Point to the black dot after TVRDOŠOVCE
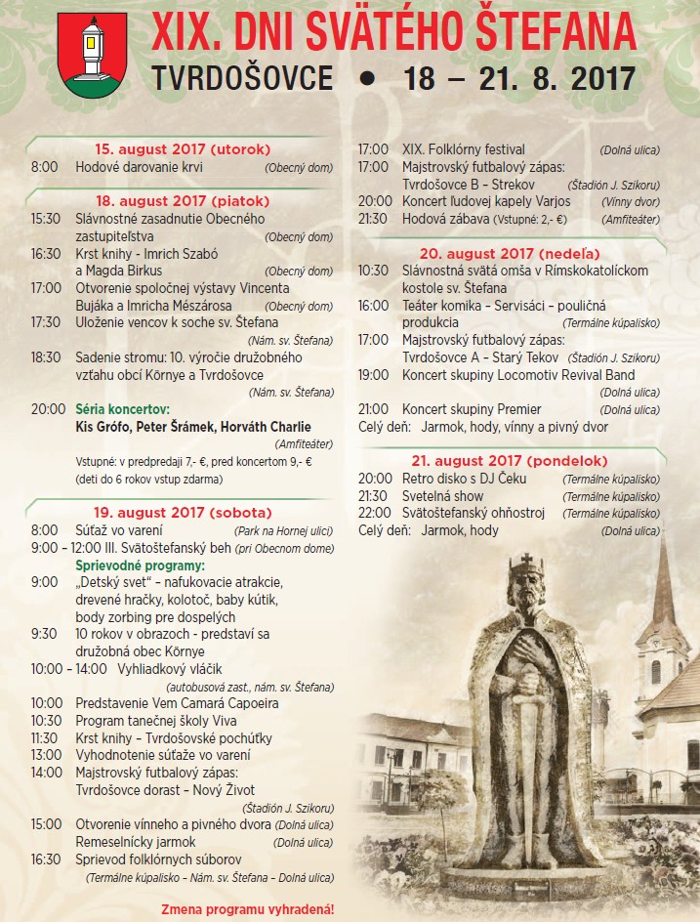(367, 79)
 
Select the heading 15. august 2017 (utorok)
(182, 149)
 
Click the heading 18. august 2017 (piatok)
(183, 201)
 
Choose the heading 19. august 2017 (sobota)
(183, 512)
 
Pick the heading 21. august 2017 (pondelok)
(509, 461)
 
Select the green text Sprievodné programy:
(140, 565)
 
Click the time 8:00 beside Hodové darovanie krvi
(44, 167)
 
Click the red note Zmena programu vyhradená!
(247, 908)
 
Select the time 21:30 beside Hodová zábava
(373, 219)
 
